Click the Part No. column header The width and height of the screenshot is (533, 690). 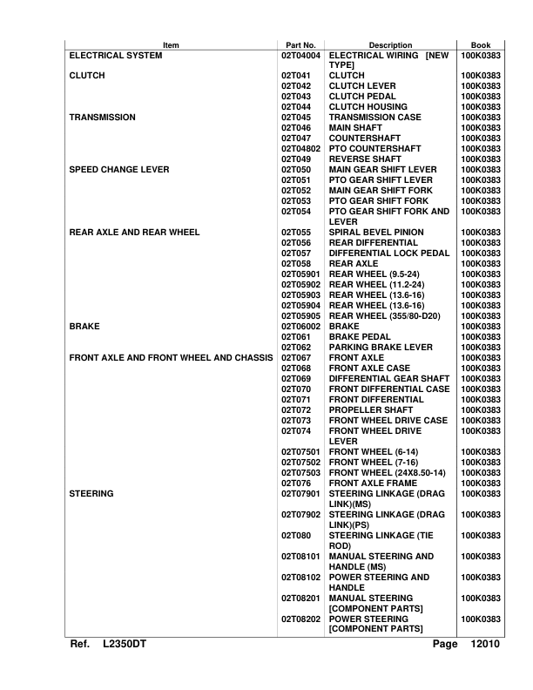tap(300, 44)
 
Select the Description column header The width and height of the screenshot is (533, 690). tap(390, 44)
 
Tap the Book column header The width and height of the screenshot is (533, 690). tap(480, 44)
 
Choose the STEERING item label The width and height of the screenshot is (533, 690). tap(91, 493)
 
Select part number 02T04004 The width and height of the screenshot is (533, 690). tap(301, 55)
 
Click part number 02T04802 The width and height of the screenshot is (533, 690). tap(301, 148)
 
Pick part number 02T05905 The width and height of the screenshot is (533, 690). tap(301, 315)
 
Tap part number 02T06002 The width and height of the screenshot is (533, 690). tap(301, 326)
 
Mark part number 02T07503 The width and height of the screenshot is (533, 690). tap(301, 472)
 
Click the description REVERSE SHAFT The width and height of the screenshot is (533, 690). tap(365, 159)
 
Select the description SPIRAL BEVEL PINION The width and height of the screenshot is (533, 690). tap(376, 232)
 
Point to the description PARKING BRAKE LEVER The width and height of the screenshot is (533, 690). tap(381, 347)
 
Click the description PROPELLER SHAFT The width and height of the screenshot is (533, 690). tap(370, 409)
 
